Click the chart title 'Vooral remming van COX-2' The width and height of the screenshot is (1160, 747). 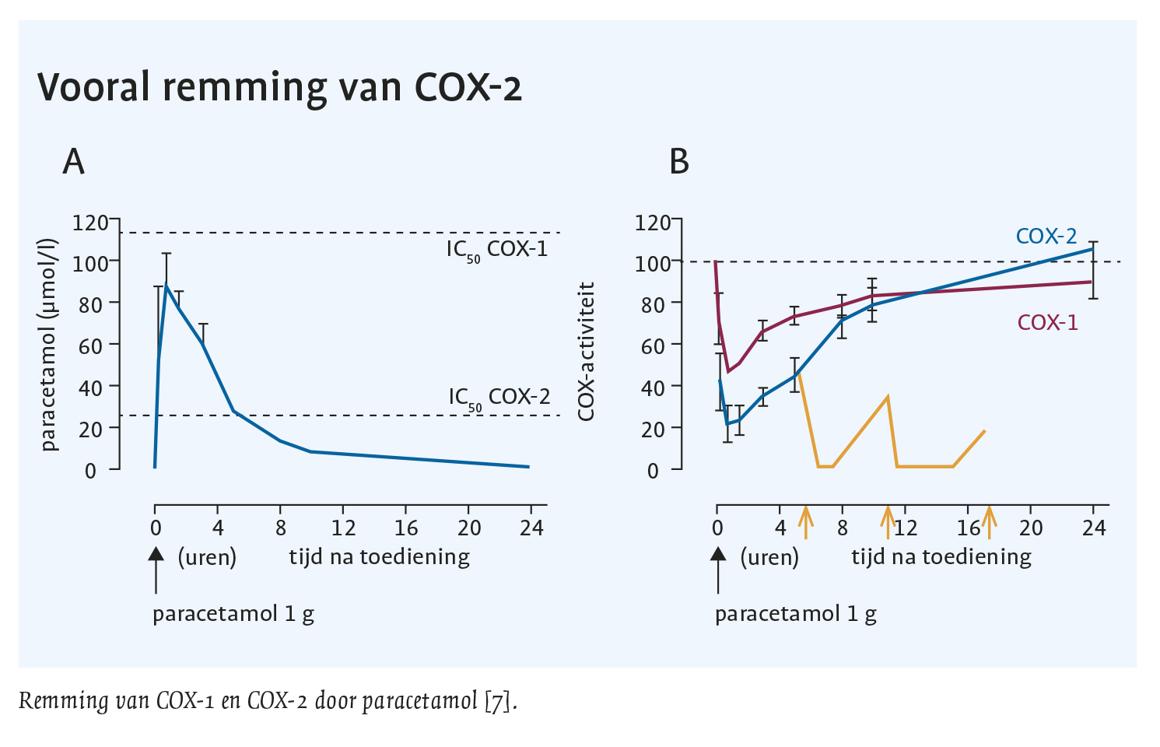click(x=279, y=86)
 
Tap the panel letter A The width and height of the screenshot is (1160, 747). click(x=73, y=162)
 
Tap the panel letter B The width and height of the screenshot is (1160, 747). click(x=679, y=162)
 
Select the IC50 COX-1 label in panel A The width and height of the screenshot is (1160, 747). click(x=497, y=250)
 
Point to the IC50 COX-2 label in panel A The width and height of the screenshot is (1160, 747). click(x=499, y=398)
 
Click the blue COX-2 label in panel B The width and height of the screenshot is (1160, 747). click(x=1046, y=237)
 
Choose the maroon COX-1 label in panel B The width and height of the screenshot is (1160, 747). click(x=1047, y=322)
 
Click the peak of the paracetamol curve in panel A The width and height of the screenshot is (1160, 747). click(x=166, y=286)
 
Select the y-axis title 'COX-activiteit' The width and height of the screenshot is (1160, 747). click(x=587, y=352)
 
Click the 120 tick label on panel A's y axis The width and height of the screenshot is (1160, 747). click(x=90, y=223)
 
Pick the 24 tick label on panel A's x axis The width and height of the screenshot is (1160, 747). click(x=531, y=528)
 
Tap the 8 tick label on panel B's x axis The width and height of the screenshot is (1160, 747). click(x=843, y=528)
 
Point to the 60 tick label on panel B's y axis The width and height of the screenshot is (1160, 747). click(x=653, y=345)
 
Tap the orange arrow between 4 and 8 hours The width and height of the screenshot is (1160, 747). click(x=806, y=522)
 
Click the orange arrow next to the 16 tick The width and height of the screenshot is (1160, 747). click(x=989, y=522)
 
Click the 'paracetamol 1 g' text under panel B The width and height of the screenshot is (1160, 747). click(x=795, y=614)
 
